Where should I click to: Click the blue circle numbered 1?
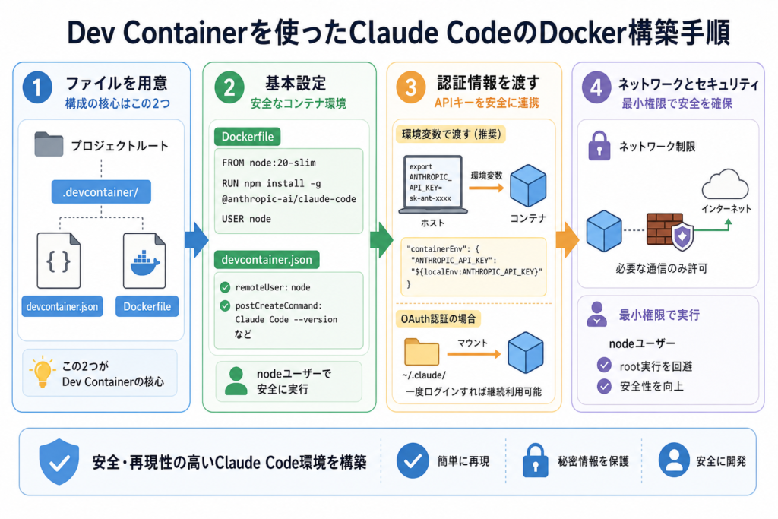coord(37,87)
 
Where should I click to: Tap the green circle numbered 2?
coord(229,87)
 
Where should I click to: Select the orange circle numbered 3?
coord(411,87)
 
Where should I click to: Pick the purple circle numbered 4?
coord(596,87)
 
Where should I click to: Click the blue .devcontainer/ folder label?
coord(101,192)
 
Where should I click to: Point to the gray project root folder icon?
coord(49,144)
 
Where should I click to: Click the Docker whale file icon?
coord(144,261)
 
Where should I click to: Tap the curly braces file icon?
coord(59,261)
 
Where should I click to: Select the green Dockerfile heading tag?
coord(247,137)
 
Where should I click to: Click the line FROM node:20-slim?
coord(269,163)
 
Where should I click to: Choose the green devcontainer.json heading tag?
coord(267,260)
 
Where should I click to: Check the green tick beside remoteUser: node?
coord(225,287)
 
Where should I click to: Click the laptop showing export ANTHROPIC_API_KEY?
coord(433,185)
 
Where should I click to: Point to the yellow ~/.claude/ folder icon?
coord(421,352)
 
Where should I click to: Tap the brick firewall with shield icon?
coord(669,231)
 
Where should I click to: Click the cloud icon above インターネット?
coord(726,185)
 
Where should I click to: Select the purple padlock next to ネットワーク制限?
coord(599,145)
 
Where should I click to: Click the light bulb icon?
coord(43,372)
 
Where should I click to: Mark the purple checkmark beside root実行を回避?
coord(604,366)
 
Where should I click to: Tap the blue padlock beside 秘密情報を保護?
coord(536,460)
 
